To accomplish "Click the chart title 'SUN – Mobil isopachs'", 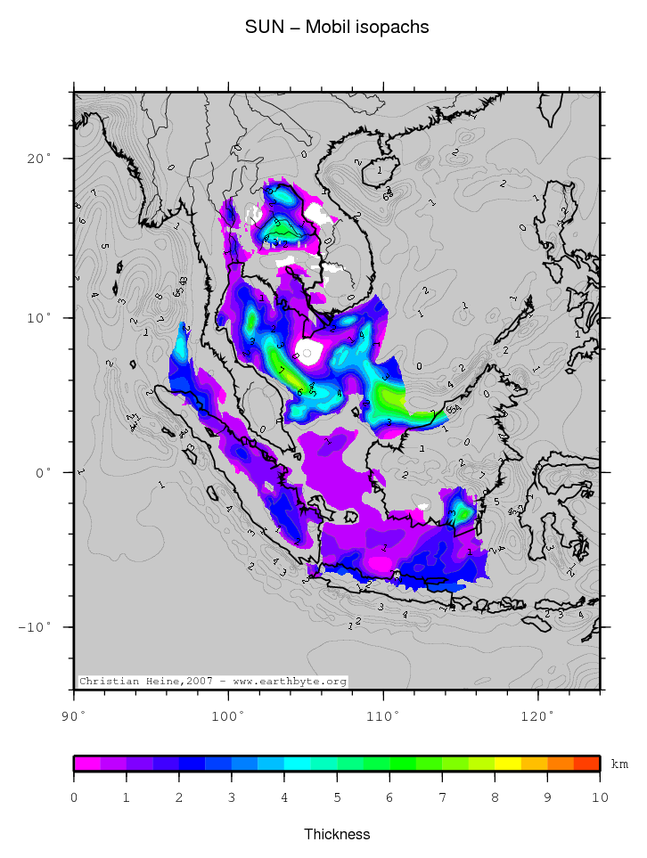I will pyautogui.click(x=337, y=28).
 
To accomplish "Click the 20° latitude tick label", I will pyautogui.click(x=39, y=159).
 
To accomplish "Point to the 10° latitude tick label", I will pyautogui.click(x=39, y=317).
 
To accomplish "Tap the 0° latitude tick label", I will pyautogui.click(x=44, y=472).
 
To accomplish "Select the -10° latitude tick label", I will pyautogui.click(x=35, y=627).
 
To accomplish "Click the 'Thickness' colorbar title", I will pyautogui.click(x=337, y=835).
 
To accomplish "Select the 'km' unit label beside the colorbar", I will pyautogui.click(x=619, y=764).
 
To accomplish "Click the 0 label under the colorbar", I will pyautogui.click(x=74, y=797).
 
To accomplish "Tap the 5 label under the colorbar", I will pyautogui.click(x=337, y=797).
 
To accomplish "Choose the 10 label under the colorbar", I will pyautogui.click(x=600, y=797).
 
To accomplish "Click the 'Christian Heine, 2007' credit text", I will pyautogui.click(x=212, y=682).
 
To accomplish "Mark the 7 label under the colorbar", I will pyautogui.click(x=442, y=797).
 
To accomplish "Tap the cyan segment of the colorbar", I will pyautogui.click(x=298, y=764).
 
